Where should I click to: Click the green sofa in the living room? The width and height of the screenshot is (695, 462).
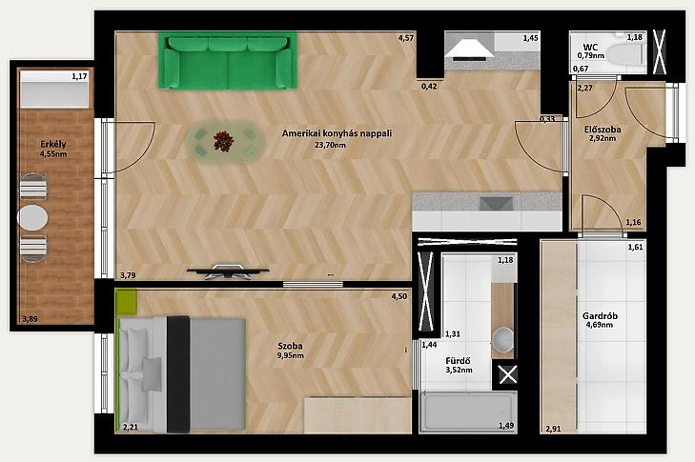(x=228, y=62)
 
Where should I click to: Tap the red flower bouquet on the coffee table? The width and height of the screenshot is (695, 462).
(x=223, y=141)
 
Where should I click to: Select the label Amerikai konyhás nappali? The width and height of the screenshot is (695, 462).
(x=337, y=133)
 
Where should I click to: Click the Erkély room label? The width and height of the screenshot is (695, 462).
(x=53, y=144)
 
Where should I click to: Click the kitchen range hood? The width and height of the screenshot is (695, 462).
(x=469, y=50)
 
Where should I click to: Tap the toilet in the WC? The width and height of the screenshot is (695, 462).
(x=626, y=54)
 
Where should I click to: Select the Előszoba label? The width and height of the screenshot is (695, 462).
(x=603, y=130)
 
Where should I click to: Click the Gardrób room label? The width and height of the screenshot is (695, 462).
(x=600, y=316)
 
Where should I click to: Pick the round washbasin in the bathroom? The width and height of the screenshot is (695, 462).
(x=503, y=339)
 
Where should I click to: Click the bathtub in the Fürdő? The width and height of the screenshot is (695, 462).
(x=467, y=412)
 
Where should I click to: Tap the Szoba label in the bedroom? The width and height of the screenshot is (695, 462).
(x=291, y=346)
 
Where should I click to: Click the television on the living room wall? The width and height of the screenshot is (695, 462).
(x=228, y=271)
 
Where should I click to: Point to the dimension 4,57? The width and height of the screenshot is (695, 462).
(x=405, y=38)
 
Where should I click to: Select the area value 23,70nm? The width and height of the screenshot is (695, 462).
(x=330, y=145)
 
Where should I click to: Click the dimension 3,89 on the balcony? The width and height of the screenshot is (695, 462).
(x=30, y=319)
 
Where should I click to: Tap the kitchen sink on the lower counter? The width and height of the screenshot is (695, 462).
(x=497, y=203)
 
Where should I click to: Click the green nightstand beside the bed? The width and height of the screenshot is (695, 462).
(x=127, y=302)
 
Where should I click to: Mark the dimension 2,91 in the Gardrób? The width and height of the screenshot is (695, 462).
(x=553, y=429)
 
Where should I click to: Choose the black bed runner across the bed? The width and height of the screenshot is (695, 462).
(x=178, y=374)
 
